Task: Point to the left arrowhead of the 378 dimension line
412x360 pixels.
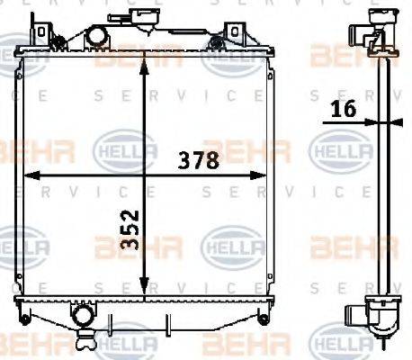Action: click(28, 175)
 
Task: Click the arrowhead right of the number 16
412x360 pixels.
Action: click(377, 121)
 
